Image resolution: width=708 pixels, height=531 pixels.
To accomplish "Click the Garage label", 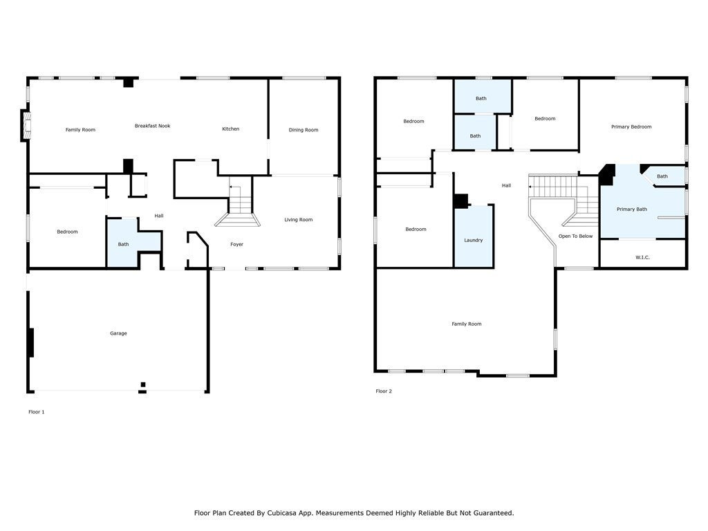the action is pos(118,333).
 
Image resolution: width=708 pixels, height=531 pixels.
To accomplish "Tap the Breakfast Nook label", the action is pos(153,126).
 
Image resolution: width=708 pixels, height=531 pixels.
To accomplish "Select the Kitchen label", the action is pos(231,129).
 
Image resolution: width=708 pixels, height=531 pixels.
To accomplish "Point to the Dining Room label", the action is pos(304,130).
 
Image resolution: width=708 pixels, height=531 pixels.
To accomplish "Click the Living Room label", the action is pos(299,220).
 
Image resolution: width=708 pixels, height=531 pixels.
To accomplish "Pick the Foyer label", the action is pos(236,244).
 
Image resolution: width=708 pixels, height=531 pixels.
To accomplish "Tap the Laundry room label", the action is pos(473,240).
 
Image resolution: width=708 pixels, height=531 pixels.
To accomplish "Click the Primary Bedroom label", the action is pos(631,127).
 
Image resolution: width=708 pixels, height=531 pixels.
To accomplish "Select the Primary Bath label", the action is pos(632,209).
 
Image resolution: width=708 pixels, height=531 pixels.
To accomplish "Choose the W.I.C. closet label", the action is pos(642,257).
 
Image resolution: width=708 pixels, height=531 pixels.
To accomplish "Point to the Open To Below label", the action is pos(576,236).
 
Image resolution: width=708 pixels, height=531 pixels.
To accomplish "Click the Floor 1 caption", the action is pos(37,412).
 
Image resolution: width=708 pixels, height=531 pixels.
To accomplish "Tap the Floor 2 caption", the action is pos(384,391).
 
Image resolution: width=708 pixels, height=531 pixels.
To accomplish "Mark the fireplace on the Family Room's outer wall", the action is pos(26,126).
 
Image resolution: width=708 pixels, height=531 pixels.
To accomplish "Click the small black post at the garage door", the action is pos(143,384).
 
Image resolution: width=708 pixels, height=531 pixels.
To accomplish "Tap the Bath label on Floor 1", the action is pos(123,244).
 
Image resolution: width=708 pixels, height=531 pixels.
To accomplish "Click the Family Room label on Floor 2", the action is pos(467,324).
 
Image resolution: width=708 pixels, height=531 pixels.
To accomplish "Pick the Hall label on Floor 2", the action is pos(506,185).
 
